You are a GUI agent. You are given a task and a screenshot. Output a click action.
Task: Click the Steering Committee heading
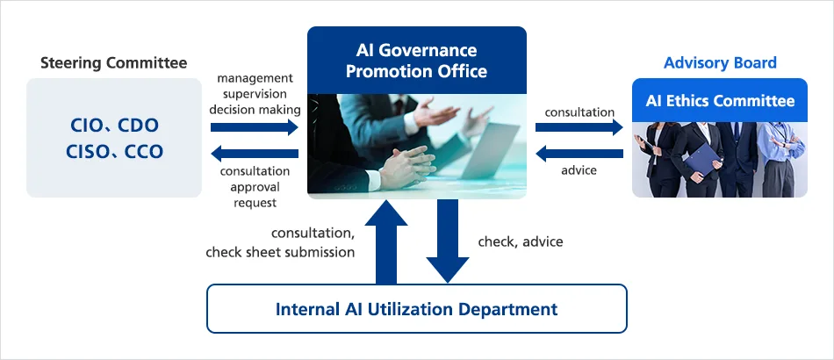[x=114, y=62]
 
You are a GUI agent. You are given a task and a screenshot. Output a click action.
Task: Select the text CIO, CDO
[x=114, y=125]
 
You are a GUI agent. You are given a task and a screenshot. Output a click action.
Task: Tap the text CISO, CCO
[x=114, y=152]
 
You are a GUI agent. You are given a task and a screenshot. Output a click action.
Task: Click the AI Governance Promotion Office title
[x=416, y=60]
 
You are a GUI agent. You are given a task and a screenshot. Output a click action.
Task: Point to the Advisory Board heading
[x=720, y=62]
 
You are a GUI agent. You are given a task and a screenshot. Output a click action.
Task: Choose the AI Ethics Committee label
[x=720, y=100]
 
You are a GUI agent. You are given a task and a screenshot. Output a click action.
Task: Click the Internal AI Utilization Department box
[x=416, y=308]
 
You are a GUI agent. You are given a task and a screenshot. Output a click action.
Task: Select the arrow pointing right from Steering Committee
[x=255, y=127]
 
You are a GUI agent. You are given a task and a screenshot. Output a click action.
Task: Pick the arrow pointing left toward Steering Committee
[x=255, y=154]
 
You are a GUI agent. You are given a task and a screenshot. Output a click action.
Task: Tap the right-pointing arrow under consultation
[x=579, y=128]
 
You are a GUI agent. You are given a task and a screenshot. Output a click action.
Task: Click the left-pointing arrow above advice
[x=579, y=154]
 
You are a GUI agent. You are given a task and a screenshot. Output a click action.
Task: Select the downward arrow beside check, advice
[x=447, y=241]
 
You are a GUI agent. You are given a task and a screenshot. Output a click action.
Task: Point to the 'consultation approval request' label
[x=255, y=187]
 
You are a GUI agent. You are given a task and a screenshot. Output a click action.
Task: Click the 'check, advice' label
[x=521, y=241]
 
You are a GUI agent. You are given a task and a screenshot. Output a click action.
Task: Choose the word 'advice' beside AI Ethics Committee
[x=579, y=170]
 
